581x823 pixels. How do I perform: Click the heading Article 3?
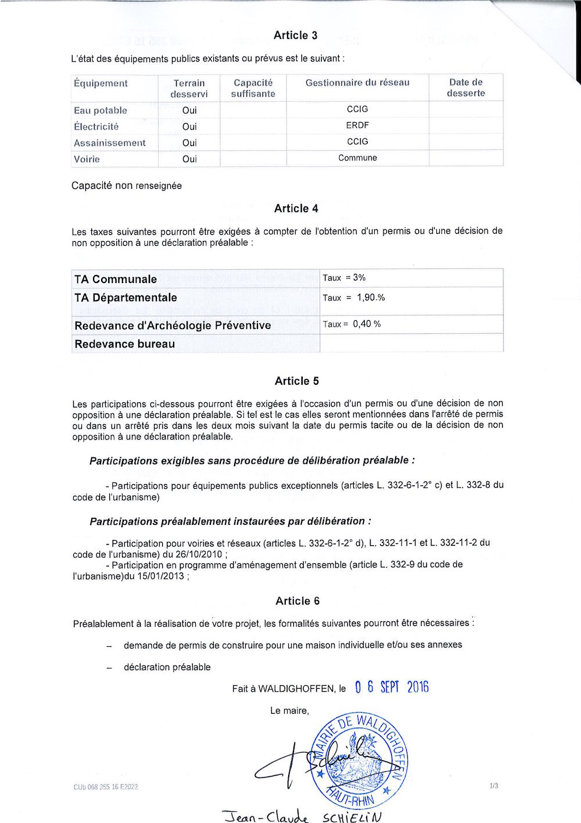pos(295,35)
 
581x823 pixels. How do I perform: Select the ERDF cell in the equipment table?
pos(357,125)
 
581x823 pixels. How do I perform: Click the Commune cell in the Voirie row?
pos(357,158)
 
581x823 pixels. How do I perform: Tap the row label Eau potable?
pos(101,110)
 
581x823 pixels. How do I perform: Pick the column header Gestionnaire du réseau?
pos(357,83)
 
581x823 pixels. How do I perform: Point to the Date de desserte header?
pos(465,88)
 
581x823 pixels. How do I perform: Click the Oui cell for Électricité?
pos(189,126)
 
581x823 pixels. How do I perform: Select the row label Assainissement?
pos(110,143)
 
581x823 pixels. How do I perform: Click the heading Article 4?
pos(296,209)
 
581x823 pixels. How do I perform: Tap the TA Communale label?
pos(116,279)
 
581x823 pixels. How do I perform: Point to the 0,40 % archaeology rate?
pos(367,324)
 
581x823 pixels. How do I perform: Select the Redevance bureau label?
pos(124,343)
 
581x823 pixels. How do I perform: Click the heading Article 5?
pos(296,381)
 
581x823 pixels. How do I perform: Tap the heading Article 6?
pos(297,601)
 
